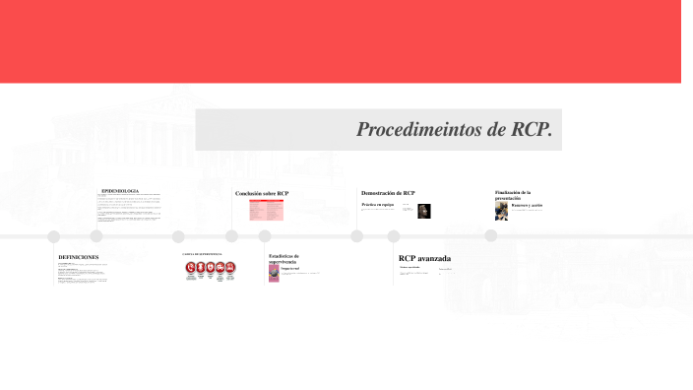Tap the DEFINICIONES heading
[79, 257]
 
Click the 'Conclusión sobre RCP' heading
[262, 193]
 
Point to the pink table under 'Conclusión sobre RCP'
[266, 210]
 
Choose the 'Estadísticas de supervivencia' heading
[283, 258]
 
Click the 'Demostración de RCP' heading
[388, 193]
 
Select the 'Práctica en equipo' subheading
[377, 205]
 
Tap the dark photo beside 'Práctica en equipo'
[424, 211]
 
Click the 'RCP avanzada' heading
[424, 258]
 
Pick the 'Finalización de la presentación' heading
[513, 194]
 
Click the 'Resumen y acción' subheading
[527, 205]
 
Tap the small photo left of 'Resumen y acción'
[501, 211]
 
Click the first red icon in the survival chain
[191, 267]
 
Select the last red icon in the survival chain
[229, 267]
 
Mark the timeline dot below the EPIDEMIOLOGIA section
[96, 236]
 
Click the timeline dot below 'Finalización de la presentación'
[490, 235]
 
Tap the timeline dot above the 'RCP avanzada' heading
[394, 236]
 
